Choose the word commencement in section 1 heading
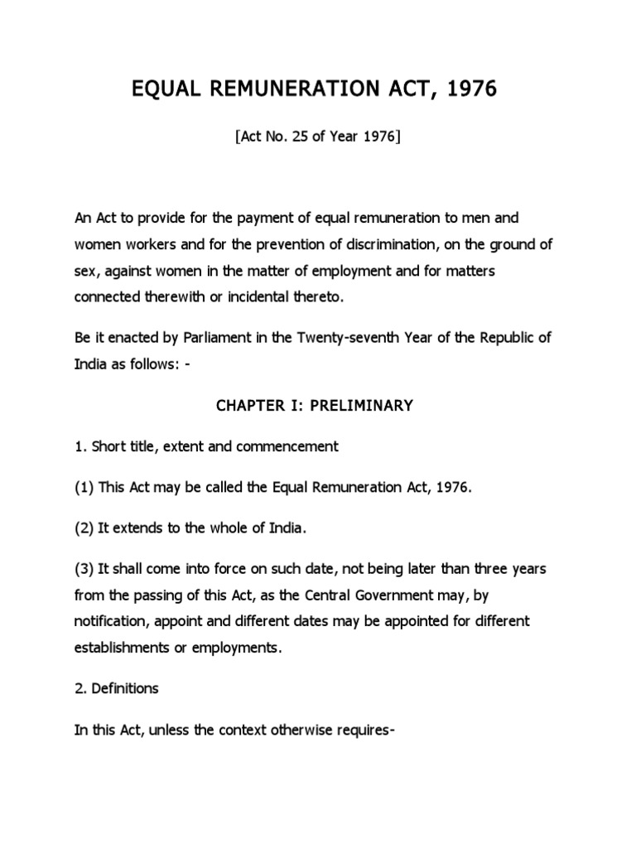coord(287,446)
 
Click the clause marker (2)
coord(84,529)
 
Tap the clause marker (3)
coord(84,571)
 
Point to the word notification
coord(111,621)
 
